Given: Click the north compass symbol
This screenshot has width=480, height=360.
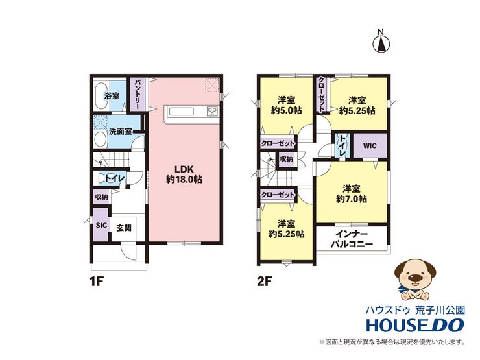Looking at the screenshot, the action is click(381, 43).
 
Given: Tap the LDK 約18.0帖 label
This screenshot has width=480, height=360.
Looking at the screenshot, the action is click(184, 174).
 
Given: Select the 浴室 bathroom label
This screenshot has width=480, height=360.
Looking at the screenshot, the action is click(112, 96).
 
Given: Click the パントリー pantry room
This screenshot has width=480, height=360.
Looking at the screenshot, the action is click(137, 94).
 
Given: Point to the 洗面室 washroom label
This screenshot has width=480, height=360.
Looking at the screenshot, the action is click(121, 132).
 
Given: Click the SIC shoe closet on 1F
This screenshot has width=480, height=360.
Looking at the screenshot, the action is click(101, 224).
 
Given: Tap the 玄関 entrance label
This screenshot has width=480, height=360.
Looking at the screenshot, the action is click(124, 228).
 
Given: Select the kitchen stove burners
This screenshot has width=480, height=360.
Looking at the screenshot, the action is click(213, 112).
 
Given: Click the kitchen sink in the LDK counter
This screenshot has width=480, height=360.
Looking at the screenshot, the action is click(182, 112).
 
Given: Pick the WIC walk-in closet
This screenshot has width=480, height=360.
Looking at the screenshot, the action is click(370, 146).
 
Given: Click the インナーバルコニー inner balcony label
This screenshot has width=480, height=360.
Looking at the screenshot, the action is click(352, 239).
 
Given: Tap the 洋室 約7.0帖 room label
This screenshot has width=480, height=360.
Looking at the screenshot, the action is click(352, 194).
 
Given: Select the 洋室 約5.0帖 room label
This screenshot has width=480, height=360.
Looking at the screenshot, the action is click(287, 105).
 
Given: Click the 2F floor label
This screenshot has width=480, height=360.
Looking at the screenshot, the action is click(265, 282).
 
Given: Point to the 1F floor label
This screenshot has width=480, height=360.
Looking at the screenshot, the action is click(97, 282).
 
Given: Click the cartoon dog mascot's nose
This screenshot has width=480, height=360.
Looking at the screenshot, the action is click(414, 278).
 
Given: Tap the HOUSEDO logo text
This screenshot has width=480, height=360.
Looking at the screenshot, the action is click(415, 325).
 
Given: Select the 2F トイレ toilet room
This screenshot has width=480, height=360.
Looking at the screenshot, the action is click(342, 146).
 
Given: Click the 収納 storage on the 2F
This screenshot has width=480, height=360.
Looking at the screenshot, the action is click(286, 159).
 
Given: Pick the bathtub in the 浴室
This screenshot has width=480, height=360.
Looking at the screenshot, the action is click(101, 95).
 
